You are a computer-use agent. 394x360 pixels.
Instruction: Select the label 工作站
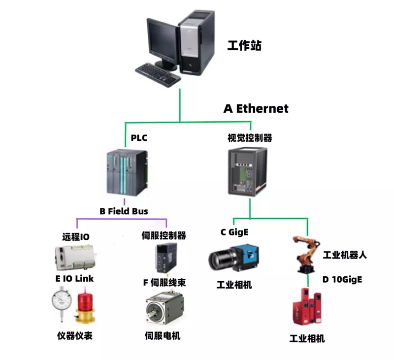pyautogui.click(x=244, y=46)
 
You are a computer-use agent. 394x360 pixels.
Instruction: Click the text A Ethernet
pyautogui.click(x=256, y=109)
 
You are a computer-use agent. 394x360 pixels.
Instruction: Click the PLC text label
pyautogui.click(x=139, y=138)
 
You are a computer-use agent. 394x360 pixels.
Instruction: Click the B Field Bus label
pyautogui.click(x=124, y=211)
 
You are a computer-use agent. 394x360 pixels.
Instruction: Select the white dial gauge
pyautogui.click(x=62, y=302)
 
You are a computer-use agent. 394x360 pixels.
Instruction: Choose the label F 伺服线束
pyautogui.click(x=164, y=283)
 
